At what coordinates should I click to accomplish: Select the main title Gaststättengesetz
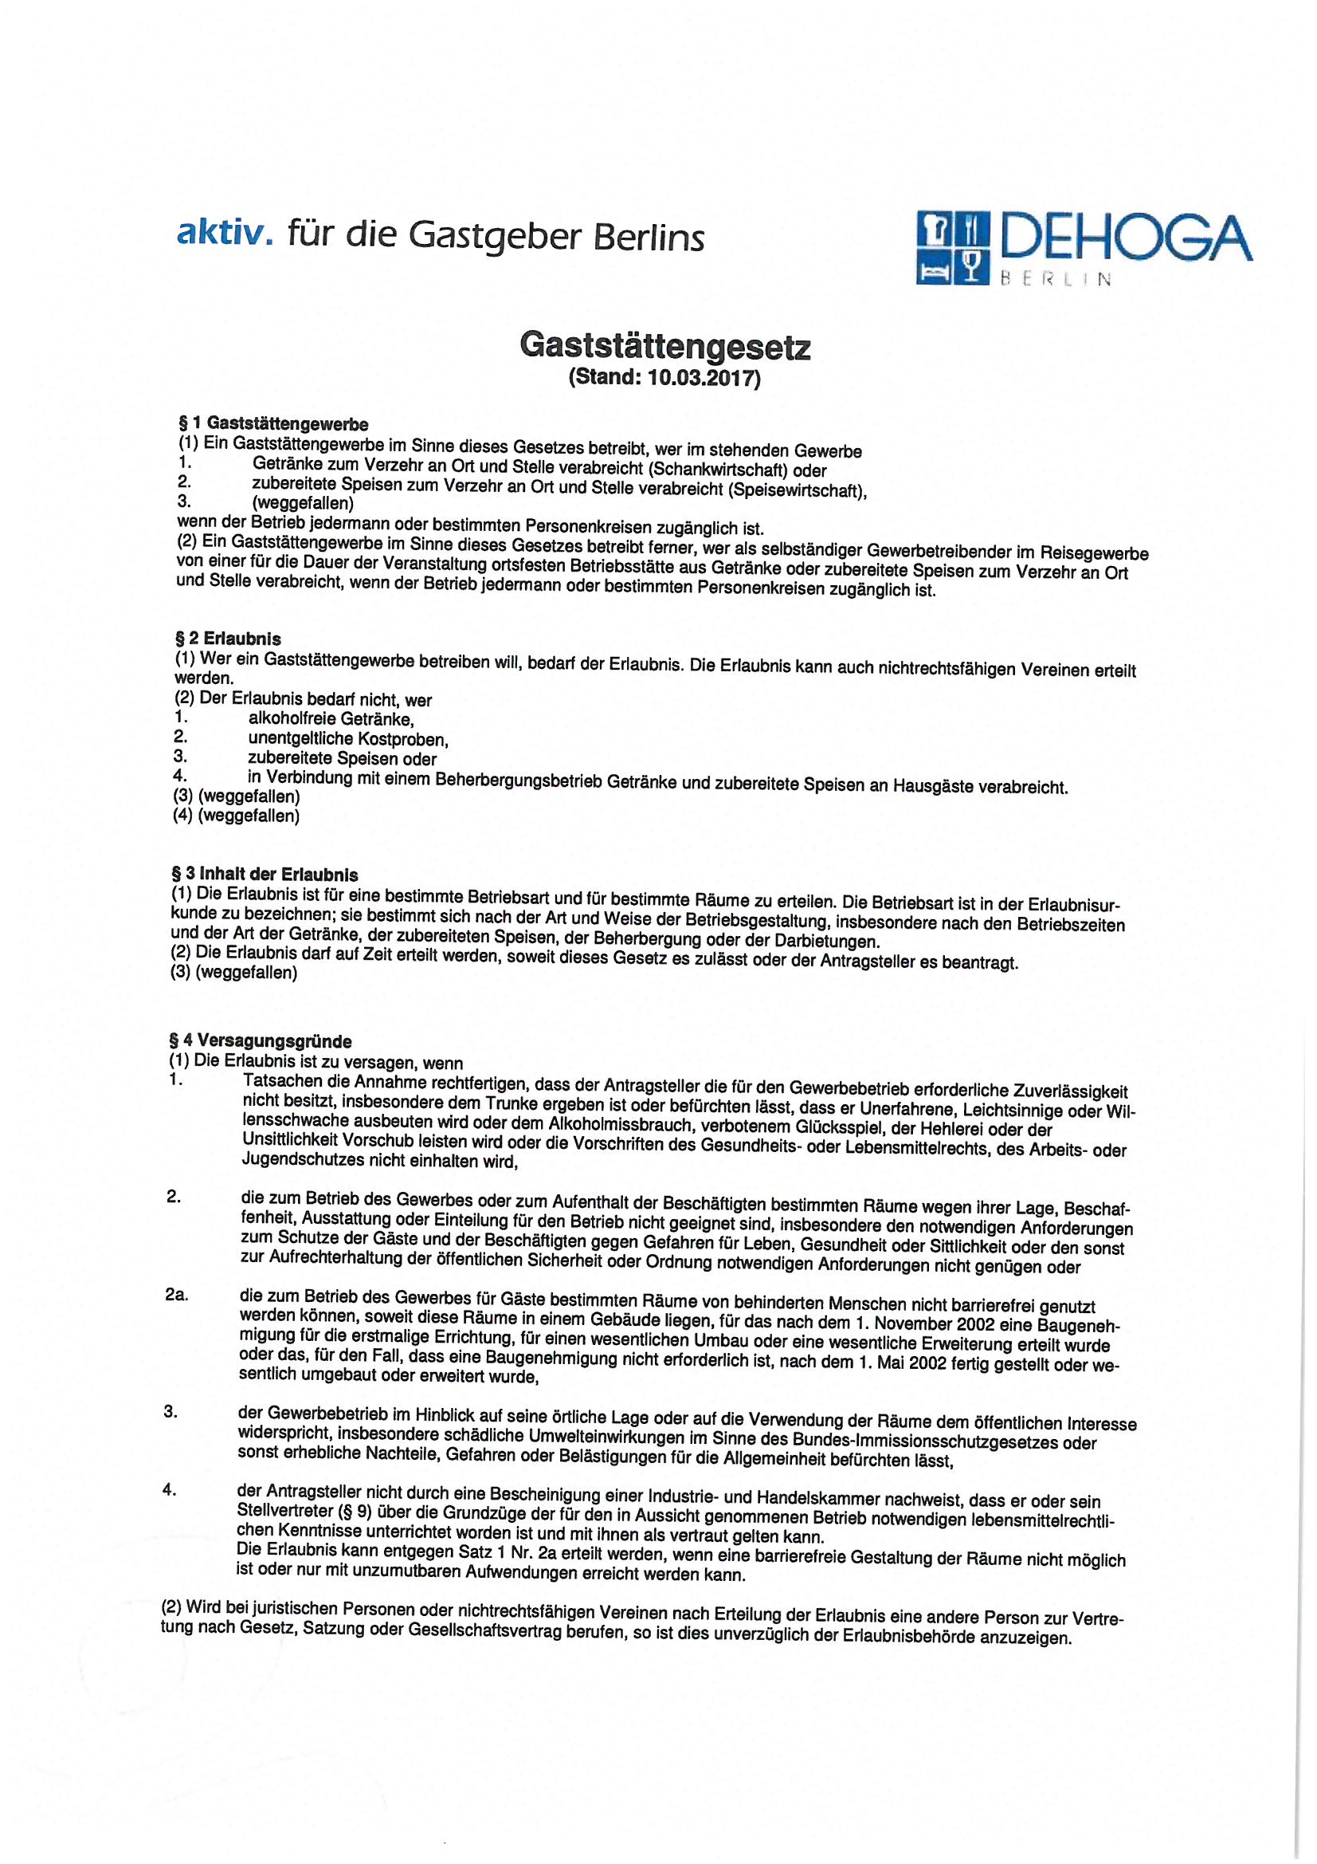pyautogui.click(x=664, y=346)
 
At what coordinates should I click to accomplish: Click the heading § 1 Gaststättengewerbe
pyautogui.click(x=273, y=424)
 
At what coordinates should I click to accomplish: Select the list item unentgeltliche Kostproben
pyautogui.click(x=348, y=740)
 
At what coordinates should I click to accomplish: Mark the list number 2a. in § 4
pyautogui.click(x=176, y=1295)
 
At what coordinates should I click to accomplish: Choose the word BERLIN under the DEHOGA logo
pyautogui.click(x=1056, y=279)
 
